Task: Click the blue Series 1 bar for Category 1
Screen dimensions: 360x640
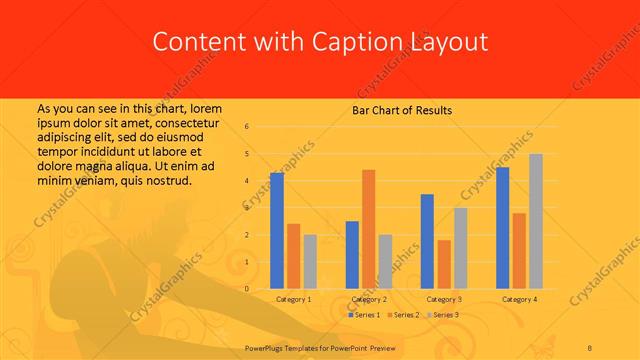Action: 277,231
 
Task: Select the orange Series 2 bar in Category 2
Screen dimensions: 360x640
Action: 368,229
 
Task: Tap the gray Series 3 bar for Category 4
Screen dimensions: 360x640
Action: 535,221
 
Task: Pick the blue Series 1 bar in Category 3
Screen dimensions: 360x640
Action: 427,241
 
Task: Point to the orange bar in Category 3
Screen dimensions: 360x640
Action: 444,264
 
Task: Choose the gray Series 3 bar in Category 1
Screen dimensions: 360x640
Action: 310,262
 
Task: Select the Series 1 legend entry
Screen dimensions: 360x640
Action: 364,315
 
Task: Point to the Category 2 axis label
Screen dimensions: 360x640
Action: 369,299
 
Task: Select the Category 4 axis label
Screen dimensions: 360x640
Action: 519,299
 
